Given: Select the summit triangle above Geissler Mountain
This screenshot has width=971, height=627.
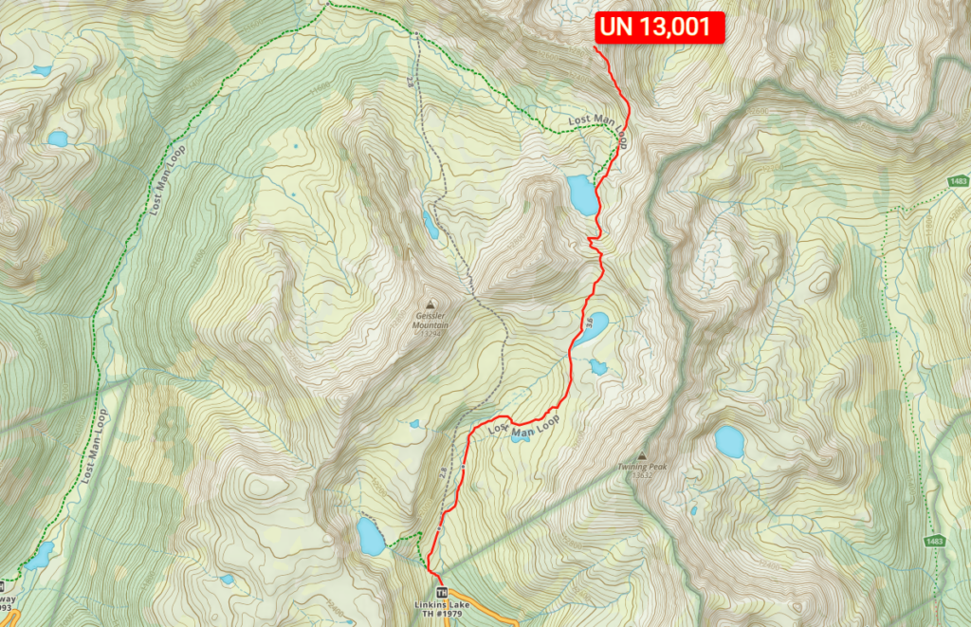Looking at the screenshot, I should click(x=431, y=303).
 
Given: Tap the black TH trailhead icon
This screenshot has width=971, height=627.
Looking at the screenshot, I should click(x=441, y=592).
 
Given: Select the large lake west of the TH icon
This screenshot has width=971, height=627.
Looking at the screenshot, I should click(x=370, y=537).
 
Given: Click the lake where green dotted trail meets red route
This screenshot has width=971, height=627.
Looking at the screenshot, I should click(x=581, y=194).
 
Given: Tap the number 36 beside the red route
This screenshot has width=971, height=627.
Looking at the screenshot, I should click(x=588, y=329).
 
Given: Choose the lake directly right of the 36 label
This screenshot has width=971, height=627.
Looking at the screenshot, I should click(x=596, y=323).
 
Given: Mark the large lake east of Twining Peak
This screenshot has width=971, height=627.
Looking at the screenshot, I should click(x=729, y=441).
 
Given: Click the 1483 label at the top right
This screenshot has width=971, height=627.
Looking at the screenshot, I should click(x=957, y=181).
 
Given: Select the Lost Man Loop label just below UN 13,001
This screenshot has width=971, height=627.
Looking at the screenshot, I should click(x=597, y=121).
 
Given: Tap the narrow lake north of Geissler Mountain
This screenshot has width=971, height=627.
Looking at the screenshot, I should click(x=431, y=225).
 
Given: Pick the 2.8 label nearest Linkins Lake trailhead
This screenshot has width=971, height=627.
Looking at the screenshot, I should click(x=444, y=471).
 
